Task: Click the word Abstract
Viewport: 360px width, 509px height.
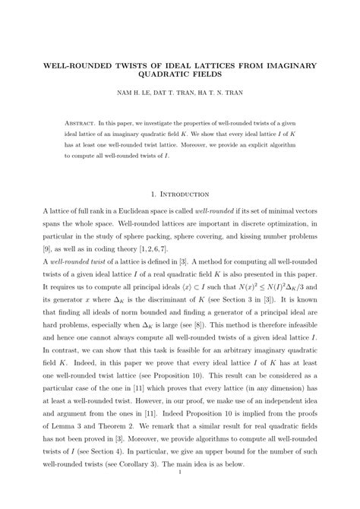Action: click(81, 122)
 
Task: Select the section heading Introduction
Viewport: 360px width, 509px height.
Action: click(186, 194)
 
